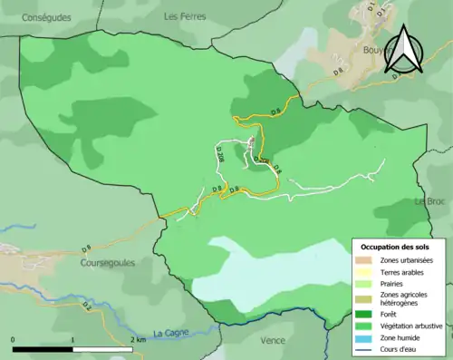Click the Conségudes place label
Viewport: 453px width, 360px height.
pos(36,16)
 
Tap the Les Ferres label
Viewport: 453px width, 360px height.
pos(185,16)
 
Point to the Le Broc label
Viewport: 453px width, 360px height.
pos(432,200)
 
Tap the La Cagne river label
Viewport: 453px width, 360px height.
pos(171,333)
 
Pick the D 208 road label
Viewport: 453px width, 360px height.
pos(221,154)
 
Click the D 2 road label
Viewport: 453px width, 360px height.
pos(87,306)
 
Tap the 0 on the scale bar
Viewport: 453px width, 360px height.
pos(14,339)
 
